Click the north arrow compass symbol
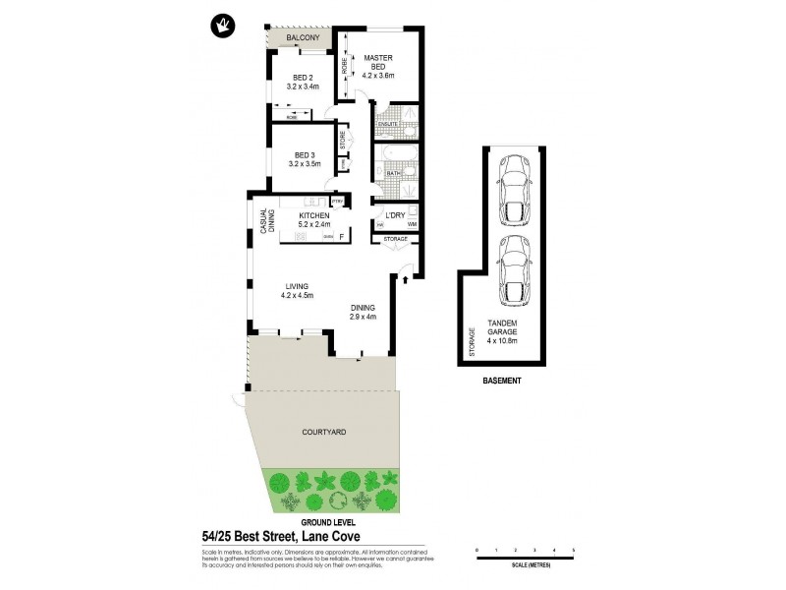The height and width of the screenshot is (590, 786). [216, 24]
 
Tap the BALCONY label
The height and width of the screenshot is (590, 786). [304, 38]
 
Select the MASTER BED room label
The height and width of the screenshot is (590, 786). [378, 61]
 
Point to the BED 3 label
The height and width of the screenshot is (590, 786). [304, 155]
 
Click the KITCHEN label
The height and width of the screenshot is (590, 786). [313, 215]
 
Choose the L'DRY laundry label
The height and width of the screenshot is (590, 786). [395, 215]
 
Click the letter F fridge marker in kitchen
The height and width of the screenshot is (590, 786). [341, 237]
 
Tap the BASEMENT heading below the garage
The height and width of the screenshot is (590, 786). [501, 381]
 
